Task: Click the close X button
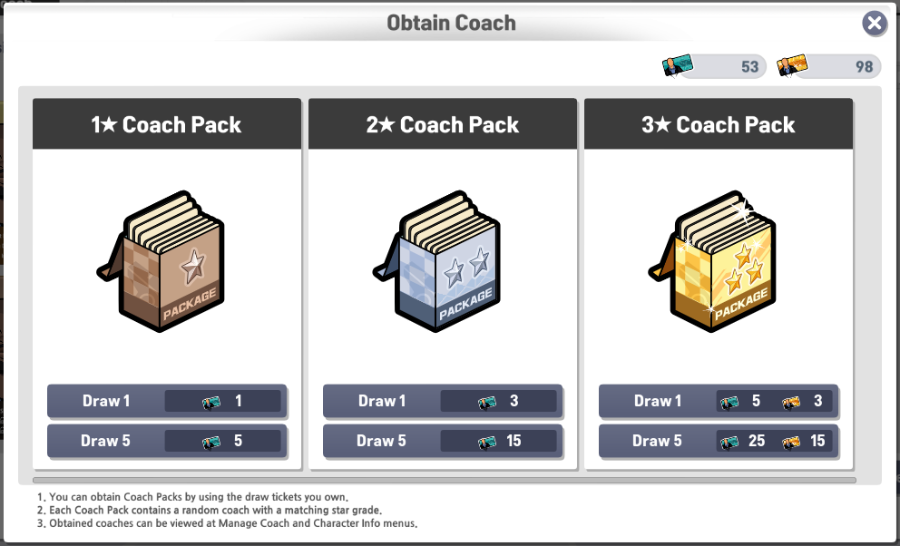click(875, 24)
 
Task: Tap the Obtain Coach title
click(451, 23)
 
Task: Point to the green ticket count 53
click(749, 66)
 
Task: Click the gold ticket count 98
click(864, 66)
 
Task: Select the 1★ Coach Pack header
click(166, 124)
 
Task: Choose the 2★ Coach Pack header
click(443, 124)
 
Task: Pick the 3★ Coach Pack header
click(718, 124)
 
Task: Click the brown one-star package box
click(161, 261)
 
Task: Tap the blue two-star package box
click(437, 261)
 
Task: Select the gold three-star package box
click(713, 261)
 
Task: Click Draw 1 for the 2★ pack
click(443, 401)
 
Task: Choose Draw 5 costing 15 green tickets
click(443, 441)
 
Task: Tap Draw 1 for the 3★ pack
click(718, 401)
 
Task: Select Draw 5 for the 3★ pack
click(718, 441)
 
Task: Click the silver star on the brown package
click(192, 267)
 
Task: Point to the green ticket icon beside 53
click(678, 65)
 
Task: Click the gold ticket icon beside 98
click(792, 65)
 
